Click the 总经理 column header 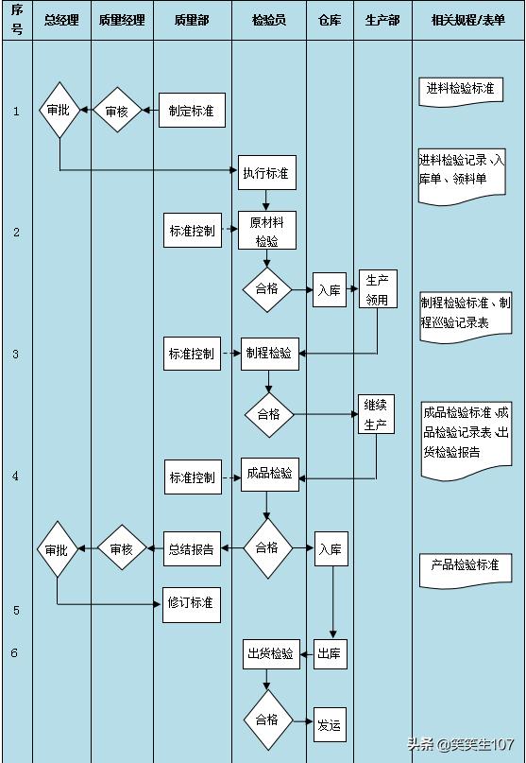(x=61, y=20)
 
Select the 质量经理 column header (x=121, y=20)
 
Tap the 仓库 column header (x=330, y=20)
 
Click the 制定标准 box (x=191, y=111)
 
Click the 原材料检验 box (x=267, y=231)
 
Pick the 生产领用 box (x=377, y=289)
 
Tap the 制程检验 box (x=269, y=354)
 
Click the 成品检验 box (x=269, y=474)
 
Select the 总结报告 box (x=191, y=547)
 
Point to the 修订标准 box (x=191, y=602)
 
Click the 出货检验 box (x=270, y=653)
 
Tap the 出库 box (x=329, y=653)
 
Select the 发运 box (x=329, y=724)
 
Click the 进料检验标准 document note (x=460, y=90)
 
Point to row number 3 (x=16, y=354)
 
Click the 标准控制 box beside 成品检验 (x=192, y=477)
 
